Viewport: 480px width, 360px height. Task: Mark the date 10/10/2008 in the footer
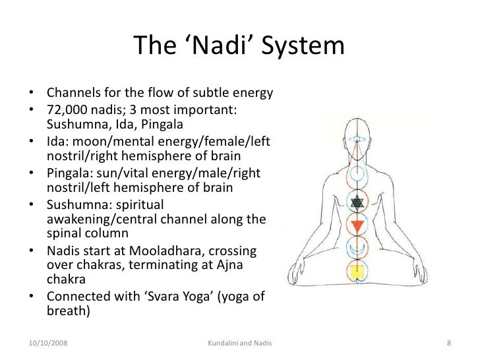click(x=51, y=343)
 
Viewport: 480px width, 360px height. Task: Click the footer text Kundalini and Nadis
click(x=240, y=343)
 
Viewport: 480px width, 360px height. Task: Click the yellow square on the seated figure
click(x=357, y=272)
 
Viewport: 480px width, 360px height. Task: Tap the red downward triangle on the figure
click(x=357, y=227)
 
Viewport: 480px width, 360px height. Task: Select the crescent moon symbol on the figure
click(x=357, y=250)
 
